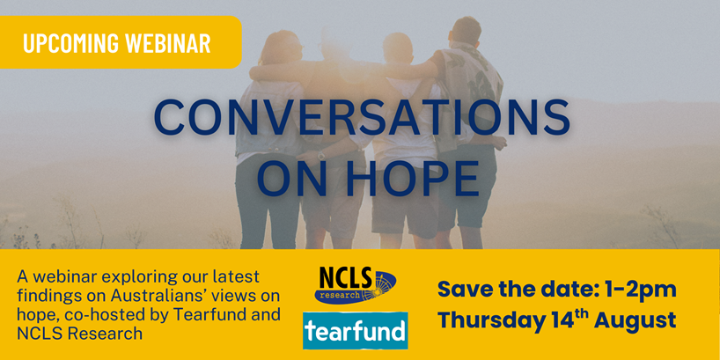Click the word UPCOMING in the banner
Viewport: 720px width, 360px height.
pos(70,43)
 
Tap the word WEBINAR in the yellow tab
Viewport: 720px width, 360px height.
pos(168,43)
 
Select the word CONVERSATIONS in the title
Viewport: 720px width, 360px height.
pos(362,117)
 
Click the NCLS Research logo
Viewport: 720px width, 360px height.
pos(355,285)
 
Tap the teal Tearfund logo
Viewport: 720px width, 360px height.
pos(355,330)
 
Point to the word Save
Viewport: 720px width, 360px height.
pos(459,290)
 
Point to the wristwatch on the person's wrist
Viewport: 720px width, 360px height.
pos(321,155)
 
